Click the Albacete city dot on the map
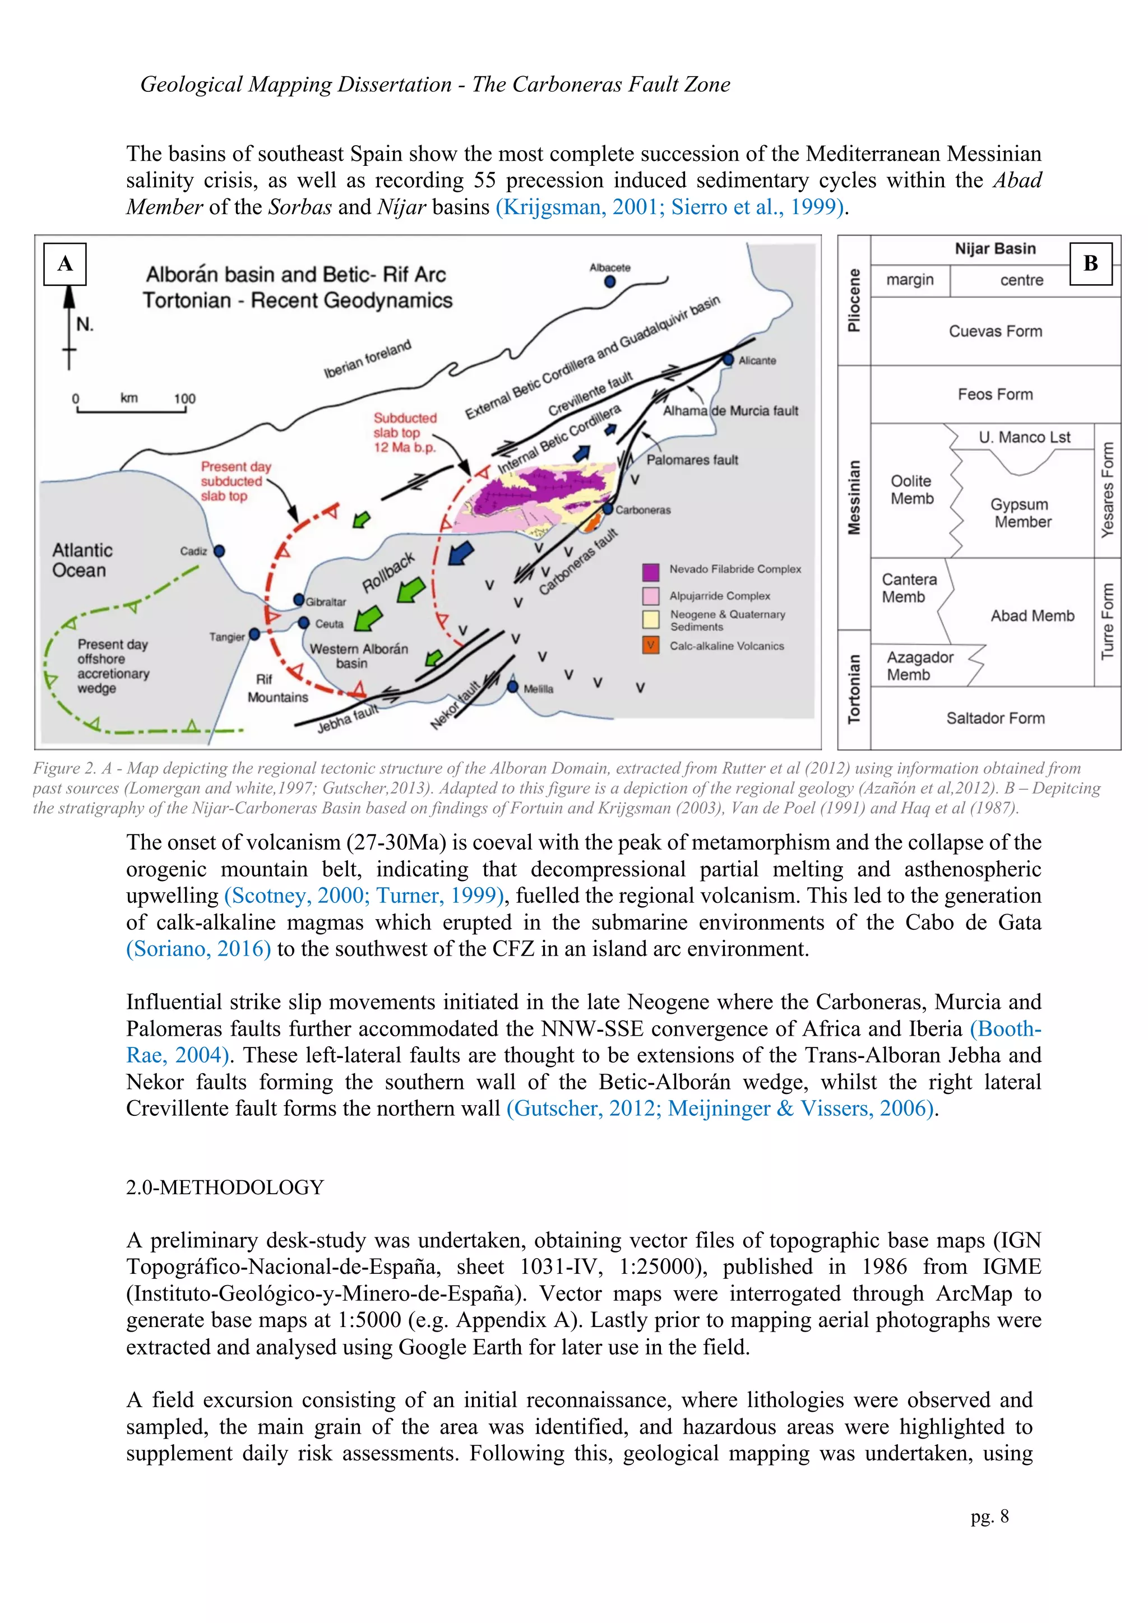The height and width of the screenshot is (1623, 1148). [610, 282]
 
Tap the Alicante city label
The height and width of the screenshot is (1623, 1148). [757, 360]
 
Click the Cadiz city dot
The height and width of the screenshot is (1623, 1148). [219, 551]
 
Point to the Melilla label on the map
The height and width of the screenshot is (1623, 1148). [539, 689]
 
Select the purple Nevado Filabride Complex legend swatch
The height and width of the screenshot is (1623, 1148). [650, 571]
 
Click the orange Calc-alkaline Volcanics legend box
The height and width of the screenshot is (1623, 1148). [650, 646]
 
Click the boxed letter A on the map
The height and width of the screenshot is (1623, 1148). [65, 263]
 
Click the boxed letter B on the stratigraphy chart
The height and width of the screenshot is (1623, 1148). [1090, 263]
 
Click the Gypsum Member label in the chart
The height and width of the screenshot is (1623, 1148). [1022, 513]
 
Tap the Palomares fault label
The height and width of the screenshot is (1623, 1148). [692, 460]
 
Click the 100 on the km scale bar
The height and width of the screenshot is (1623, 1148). [184, 398]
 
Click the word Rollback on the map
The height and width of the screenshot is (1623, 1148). [388, 573]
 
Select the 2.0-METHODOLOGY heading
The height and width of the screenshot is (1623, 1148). [225, 1187]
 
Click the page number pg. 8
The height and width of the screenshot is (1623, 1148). [990, 1517]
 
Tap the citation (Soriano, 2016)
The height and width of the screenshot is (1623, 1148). [198, 949]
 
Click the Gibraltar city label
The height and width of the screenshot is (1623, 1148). [326, 602]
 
